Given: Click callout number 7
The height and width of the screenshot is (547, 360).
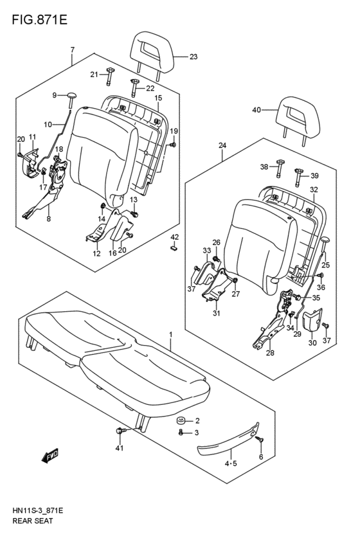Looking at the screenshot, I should [x=73, y=49].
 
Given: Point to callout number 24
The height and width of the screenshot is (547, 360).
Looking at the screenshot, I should [x=222, y=146].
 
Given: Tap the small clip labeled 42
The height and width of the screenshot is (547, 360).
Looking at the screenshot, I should [x=174, y=250].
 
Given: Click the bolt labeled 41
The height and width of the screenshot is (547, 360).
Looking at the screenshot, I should [x=120, y=431].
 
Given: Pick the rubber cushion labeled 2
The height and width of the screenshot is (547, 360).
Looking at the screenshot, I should [x=181, y=422].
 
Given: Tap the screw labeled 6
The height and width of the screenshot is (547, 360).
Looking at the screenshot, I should [x=260, y=441].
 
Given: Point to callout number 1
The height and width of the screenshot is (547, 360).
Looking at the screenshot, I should [x=171, y=334].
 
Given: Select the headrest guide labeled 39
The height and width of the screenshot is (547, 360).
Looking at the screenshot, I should [x=299, y=170].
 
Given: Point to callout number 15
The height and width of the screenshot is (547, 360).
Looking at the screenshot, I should [x=157, y=98].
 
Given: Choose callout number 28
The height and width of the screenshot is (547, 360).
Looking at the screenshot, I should [x=269, y=354].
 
